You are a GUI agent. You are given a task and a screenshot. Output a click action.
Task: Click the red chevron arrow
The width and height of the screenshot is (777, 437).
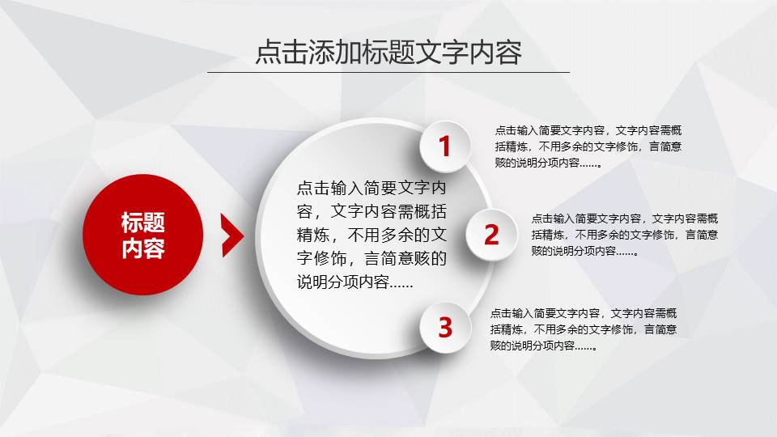click(x=232, y=235)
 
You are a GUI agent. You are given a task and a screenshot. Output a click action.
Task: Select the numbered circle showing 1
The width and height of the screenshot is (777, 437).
click(x=444, y=146)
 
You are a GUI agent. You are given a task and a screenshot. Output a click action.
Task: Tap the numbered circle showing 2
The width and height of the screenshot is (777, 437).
click(x=491, y=235)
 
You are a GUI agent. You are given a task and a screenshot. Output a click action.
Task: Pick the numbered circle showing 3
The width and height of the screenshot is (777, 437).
click(x=445, y=328)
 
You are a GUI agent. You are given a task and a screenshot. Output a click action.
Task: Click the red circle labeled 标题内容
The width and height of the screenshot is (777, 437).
click(x=143, y=235)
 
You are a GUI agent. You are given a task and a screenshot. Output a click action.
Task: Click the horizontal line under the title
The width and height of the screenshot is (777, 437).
click(x=388, y=72)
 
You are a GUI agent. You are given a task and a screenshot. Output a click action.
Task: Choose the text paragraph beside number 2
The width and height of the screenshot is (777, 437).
click(x=625, y=235)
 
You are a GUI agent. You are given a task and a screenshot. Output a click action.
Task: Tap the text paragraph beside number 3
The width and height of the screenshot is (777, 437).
click(x=584, y=329)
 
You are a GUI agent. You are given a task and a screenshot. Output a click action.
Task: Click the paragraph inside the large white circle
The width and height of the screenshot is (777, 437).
click(x=372, y=235)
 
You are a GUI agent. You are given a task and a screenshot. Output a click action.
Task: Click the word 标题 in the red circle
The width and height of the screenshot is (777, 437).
click(x=143, y=223)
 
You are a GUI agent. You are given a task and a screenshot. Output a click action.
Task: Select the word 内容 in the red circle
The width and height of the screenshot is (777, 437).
click(x=143, y=249)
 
